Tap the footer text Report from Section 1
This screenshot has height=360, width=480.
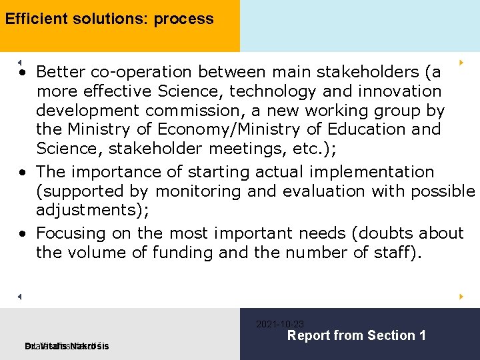point(356,335)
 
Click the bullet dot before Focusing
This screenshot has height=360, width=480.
point(23,234)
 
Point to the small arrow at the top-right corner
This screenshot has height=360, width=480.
point(461,62)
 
